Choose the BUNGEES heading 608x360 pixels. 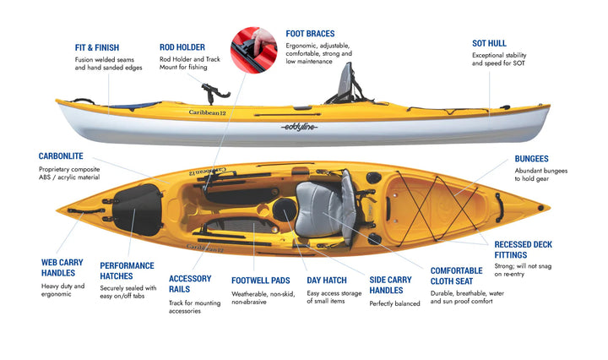tap(531, 158)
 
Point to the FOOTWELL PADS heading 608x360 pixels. tap(262, 280)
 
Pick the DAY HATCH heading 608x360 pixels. tap(325, 280)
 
